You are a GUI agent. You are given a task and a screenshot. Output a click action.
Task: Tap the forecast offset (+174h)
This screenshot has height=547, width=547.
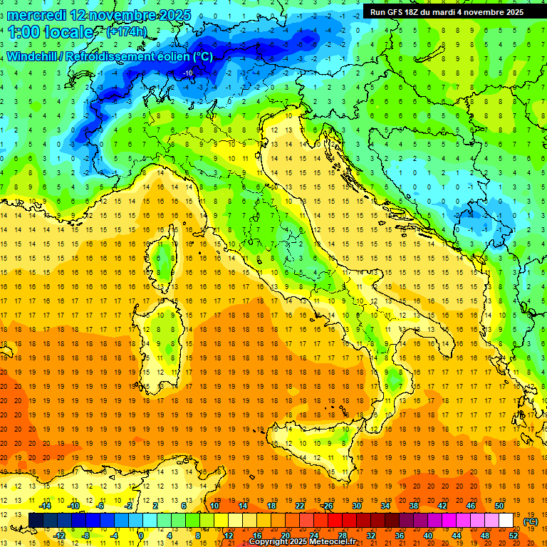[127, 31]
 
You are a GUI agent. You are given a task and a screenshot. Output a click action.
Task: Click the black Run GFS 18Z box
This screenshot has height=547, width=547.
[447, 11]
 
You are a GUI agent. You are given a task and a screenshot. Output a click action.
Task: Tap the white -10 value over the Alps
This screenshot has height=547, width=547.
[188, 73]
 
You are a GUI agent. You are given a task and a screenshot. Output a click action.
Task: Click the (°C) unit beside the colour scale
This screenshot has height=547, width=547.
[531, 521]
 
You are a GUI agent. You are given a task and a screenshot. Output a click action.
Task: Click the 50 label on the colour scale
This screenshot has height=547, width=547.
[499, 506]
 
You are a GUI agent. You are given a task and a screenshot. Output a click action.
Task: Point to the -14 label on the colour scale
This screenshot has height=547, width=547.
[46, 506]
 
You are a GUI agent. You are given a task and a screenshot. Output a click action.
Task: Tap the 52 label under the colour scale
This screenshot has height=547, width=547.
[514, 536]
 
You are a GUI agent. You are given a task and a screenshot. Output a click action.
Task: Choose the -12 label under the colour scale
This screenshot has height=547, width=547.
[60, 536]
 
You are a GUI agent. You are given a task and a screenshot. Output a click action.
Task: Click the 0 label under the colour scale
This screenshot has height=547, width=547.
[141, 536]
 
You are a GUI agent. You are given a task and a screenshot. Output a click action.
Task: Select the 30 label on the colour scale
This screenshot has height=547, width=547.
[357, 506]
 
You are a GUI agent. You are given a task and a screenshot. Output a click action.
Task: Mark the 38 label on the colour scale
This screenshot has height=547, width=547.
[414, 506]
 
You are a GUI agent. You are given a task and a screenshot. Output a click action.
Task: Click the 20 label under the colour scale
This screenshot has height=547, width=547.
[285, 536]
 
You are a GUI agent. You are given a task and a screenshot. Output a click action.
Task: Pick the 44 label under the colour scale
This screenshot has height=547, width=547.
[457, 536]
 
